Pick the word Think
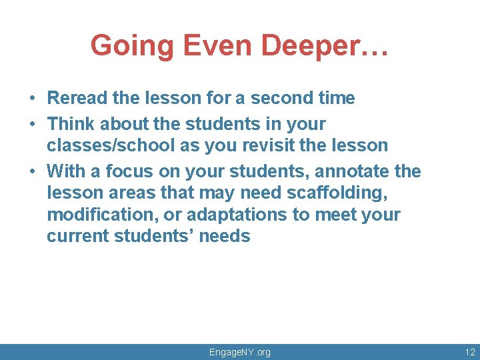pyautogui.click(x=70, y=124)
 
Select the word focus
pyautogui.click(x=127, y=171)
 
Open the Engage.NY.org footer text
pyautogui.click(x=240, y=352)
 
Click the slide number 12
pyautogui.click(x=470, y=352)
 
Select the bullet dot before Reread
pyautogui.click(x=32, y=99)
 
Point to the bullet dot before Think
pyautogui.click(x=32, y=125)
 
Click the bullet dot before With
pyautogui.click(x=32, y=172)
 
